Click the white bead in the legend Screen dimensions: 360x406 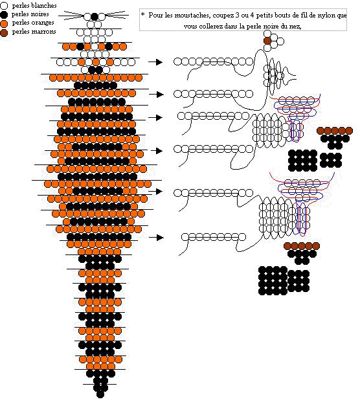click(4, 6)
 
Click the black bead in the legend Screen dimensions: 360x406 click(4, 14)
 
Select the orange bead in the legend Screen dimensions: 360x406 click(4, 23)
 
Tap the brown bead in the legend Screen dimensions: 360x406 click(4, 32)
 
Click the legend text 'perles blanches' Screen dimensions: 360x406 click(34, 6)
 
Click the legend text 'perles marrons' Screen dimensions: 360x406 click(34, 32)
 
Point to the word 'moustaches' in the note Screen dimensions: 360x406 click(192, 16)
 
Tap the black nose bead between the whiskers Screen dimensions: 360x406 click(95, 17)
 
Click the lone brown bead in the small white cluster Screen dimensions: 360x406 click(267, 41)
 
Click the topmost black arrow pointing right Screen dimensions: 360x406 click(155, 62)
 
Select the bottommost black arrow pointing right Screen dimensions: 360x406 click(157, 238)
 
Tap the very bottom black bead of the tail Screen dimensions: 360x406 click(100, 394)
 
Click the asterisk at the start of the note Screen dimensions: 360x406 click(142, 14)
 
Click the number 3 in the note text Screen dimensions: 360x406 click(237, 16)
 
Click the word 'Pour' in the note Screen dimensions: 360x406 click(155, 16)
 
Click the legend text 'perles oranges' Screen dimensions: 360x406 click(33, 23)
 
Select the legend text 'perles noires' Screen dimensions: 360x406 click(30, 14)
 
